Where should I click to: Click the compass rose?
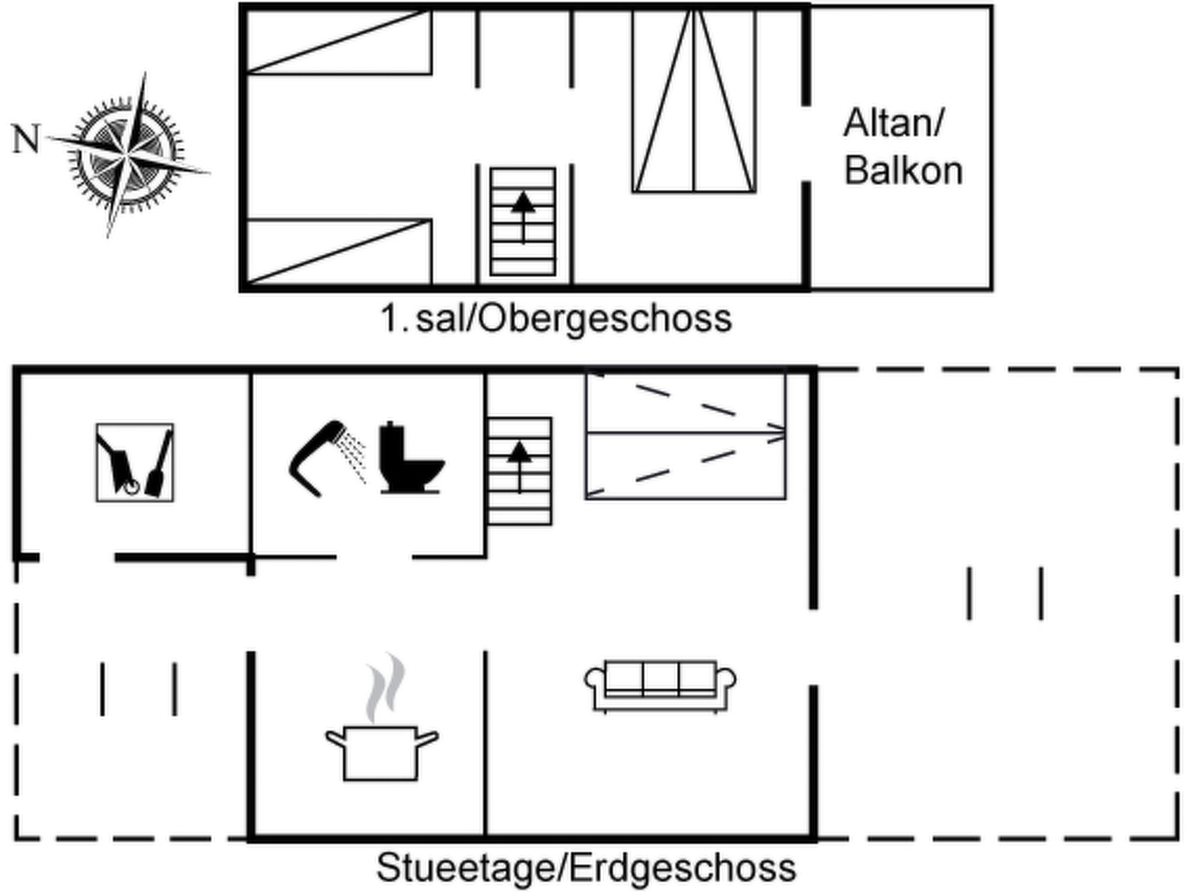click(127, 155)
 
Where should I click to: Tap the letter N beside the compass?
click(26, 139)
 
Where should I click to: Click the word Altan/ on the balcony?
click(894, 123)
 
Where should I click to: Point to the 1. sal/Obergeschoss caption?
click(556, 319)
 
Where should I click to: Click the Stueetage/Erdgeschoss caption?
click(586, 868)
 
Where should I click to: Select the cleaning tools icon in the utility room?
click(135, 462)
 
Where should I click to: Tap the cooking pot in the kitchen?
click(381, 753)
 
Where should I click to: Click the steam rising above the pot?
click(385, 688)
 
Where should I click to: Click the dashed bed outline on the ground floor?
click(686, 434)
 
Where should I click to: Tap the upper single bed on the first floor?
click(339, 41)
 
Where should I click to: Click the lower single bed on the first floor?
click(339, 252)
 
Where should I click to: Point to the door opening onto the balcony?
click(807, 144)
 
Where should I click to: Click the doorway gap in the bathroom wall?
click(375, 557)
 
